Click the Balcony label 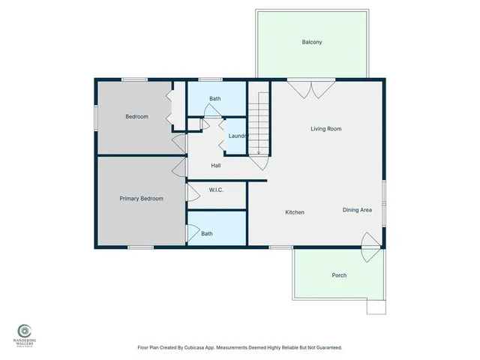[x=312, y=42]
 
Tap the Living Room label [x=326, y=129]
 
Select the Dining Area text [x=357, y=210]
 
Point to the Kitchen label [x=295, y=213]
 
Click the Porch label [x=339, y=275]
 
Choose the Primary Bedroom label [x=142, y=199]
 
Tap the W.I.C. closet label [x=217, y=190]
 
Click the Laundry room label [x=238, y=136]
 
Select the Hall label [x=215, y=165]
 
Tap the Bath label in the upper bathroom [x=215, y=99]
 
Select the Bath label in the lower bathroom [x=206, y=234]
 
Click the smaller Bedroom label [x=136, y=116]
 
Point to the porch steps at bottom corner [x=375, y=307]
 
